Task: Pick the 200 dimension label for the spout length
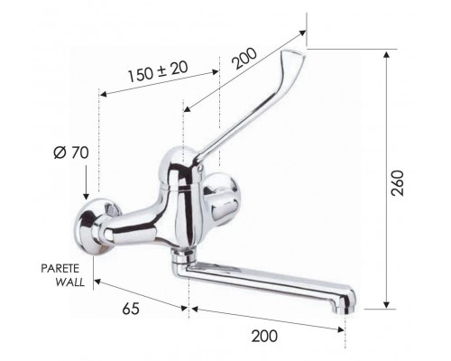tap(262, 336)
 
